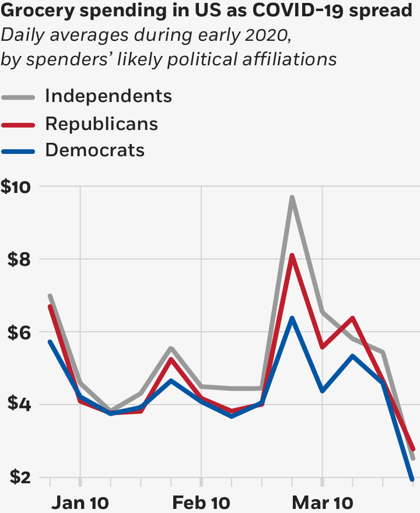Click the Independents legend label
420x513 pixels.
click(108, 96)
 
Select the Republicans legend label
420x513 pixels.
click(101, 123)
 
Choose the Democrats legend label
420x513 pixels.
click(94, 150)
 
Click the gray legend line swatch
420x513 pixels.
click(19, 97)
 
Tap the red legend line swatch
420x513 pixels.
click(19, 124)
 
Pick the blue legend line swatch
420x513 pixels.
click(19, 150)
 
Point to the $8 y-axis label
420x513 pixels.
click(19, 259)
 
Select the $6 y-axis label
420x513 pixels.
click(19, 332)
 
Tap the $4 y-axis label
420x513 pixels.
click(19, 405)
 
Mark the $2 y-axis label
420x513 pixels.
click(19, 478)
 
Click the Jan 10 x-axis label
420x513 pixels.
click(80, 503)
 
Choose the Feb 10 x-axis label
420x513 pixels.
click(201, 503)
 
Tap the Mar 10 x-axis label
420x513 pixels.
click(323, 503)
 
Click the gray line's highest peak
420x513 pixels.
click(292, 197)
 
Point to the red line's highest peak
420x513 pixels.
click(292, 255)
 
